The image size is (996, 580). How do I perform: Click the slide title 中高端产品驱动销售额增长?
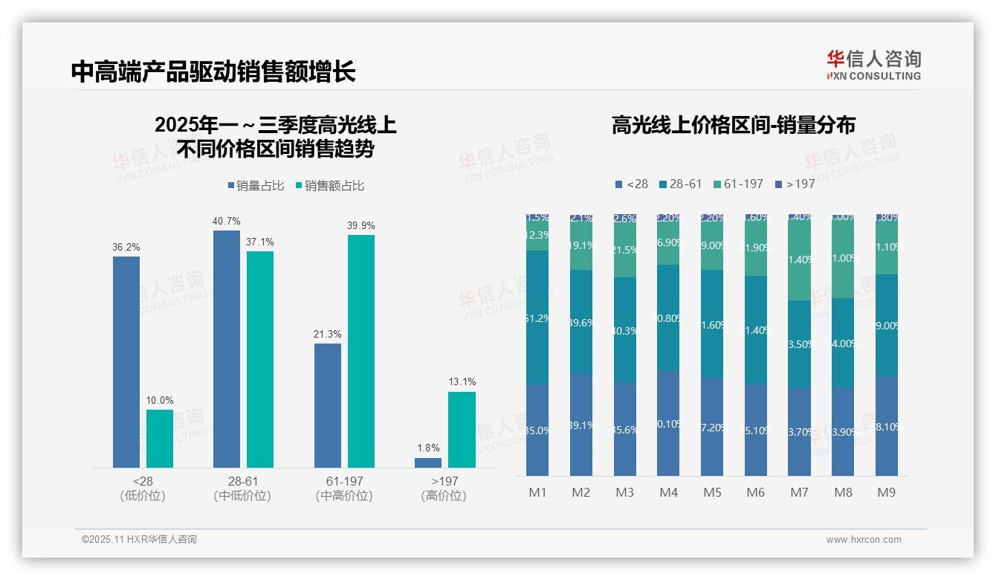click(213, 71)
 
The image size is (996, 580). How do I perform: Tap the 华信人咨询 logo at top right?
click(873, 65)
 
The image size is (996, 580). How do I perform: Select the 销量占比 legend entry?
click(256, 186)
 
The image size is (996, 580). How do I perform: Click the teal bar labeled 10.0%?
click(160, 439)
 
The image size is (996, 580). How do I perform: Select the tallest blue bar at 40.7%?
click(227, 349)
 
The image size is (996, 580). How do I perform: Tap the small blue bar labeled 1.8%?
click(428, 463)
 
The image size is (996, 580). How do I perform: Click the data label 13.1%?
click(462, 381)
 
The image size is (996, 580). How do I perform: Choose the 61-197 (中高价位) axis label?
click(344, 489)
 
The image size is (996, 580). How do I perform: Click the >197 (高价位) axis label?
click(444, 489)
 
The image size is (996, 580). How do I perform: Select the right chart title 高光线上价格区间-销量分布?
click(733, 125)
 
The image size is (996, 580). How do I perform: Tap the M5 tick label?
click(712, 492)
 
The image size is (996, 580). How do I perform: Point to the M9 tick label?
click(886, 492)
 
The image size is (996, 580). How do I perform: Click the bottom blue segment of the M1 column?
click(537, 430)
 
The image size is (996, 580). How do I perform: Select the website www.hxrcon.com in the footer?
click(864, 540)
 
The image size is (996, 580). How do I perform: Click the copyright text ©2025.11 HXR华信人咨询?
click(139, 540)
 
